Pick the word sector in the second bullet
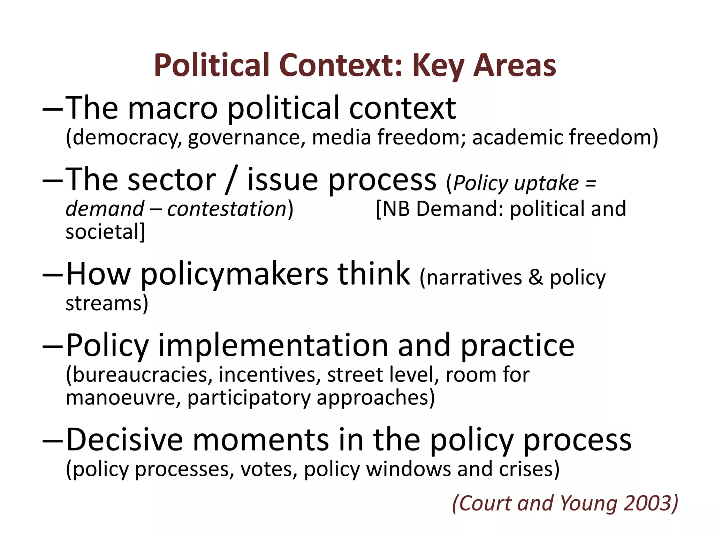172,180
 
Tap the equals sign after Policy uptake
591,183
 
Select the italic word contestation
227,209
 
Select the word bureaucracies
139,375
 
